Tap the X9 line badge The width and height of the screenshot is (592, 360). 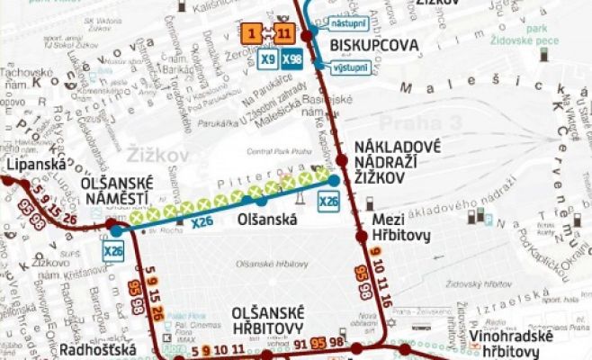tap(266, 59)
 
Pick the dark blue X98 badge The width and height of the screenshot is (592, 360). tap(291, 59)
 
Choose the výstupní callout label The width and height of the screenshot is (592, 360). tap(350, 67)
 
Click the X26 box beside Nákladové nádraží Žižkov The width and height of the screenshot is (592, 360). tap(329, 202)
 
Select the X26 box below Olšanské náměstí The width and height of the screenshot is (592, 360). tap(113, 252)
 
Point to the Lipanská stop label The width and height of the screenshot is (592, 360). tap(24, 166)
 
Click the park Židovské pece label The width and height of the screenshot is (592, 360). tap(552, 34)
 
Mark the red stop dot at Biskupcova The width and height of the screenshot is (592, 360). tap(307, 36)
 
